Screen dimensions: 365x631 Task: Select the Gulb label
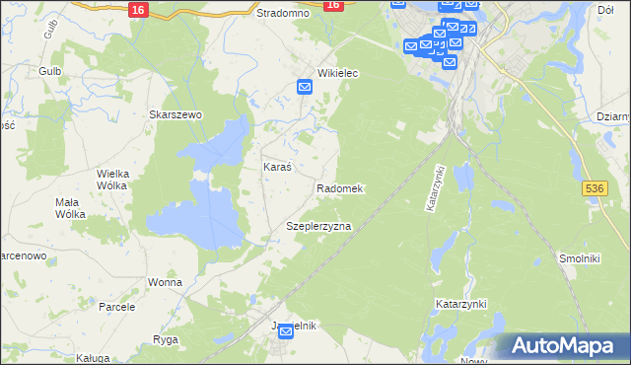point(50,71)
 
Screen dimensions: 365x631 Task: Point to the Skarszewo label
point(175,114)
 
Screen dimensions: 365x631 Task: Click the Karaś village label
point(276,168)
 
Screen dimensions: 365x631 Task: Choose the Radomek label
point(340,187)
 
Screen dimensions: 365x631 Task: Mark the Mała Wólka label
point(71,207)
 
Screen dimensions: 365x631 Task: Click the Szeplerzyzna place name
point(318,226)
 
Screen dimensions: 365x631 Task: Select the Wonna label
point(166,282)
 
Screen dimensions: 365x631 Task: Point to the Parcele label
point(116,307)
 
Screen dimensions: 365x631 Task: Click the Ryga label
point(165,339)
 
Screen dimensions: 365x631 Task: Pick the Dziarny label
point(613,116)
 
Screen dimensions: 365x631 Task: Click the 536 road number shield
point(594,186)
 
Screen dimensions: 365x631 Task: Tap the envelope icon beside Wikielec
point(305,88)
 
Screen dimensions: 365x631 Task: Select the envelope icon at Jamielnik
point(286,332)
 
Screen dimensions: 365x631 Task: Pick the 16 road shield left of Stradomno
point(138,8)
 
